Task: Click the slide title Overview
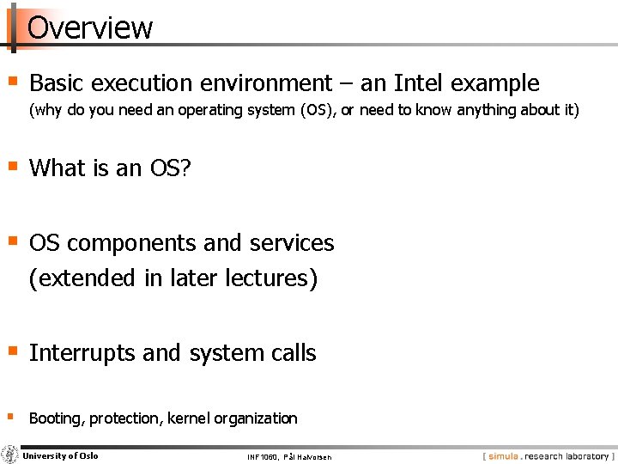(x=90, y=27)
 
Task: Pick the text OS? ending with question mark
(x=170, y=168)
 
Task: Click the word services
(x=291, y=244)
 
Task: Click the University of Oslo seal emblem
(x=10, y=455)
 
